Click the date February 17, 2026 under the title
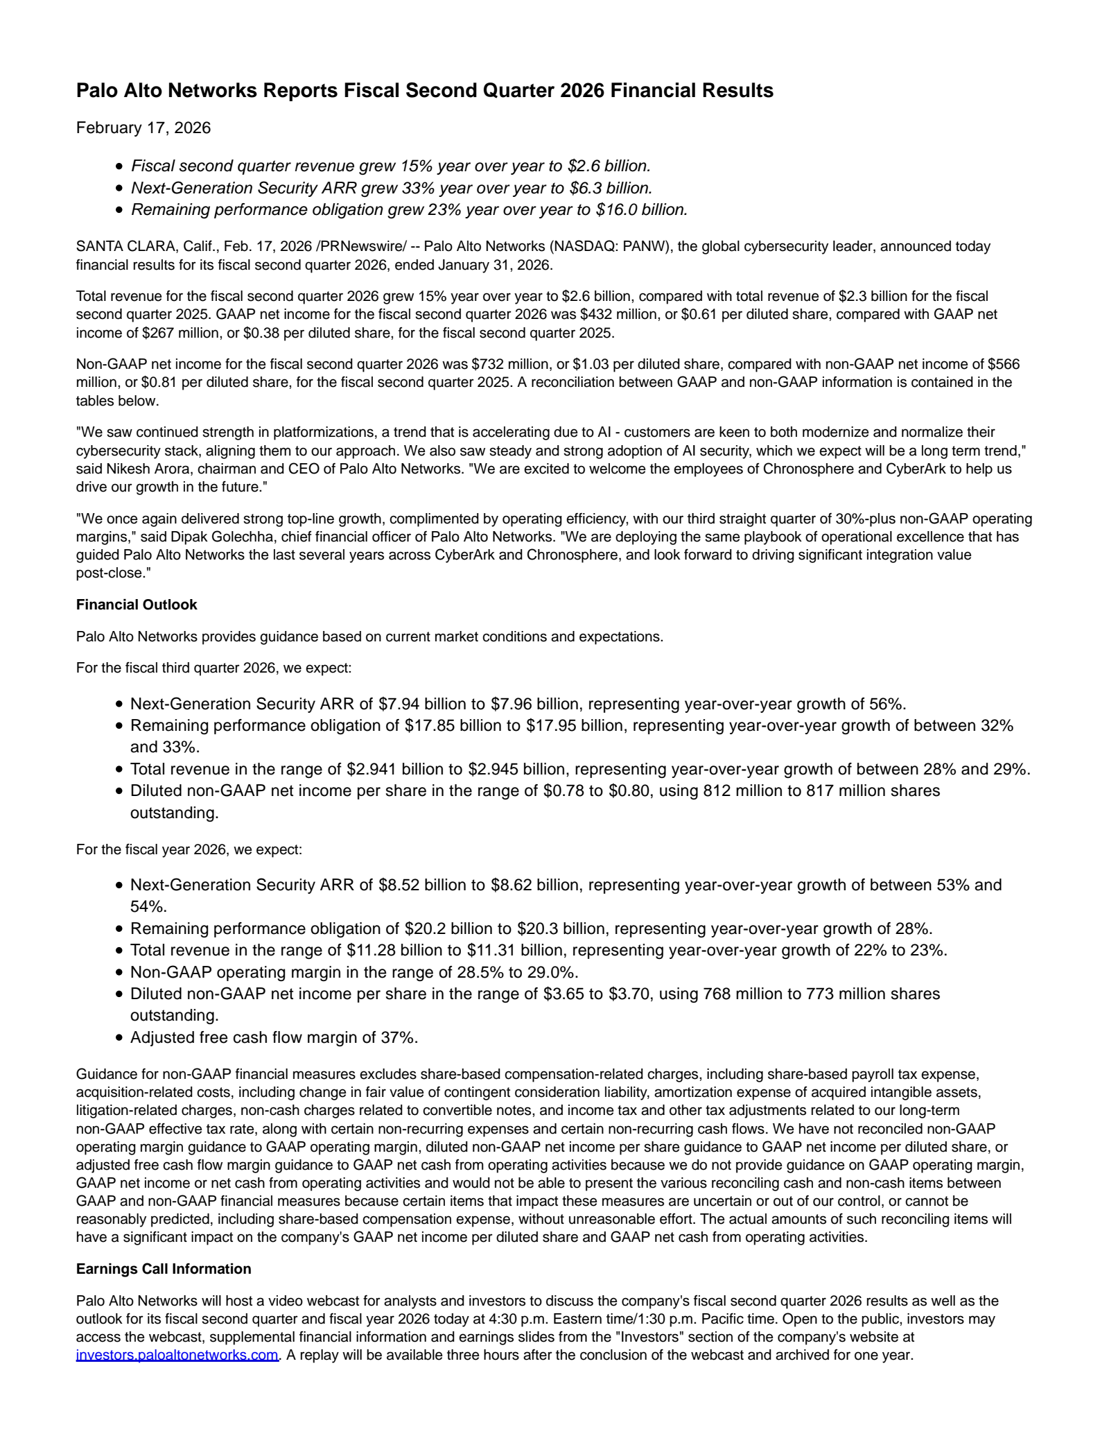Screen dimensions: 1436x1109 coord(143,128)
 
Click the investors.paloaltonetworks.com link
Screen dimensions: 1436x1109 coord(177,1354)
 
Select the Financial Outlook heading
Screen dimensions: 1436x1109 coord(137,605)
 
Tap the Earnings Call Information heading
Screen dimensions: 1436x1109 coord(164,1269)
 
